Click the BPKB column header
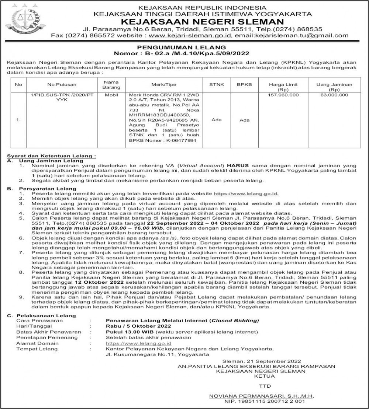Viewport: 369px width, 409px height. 244,84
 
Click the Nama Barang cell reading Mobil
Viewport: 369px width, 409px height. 112,95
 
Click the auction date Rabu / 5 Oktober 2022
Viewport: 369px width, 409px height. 138,326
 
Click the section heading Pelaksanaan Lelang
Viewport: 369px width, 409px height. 46,315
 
